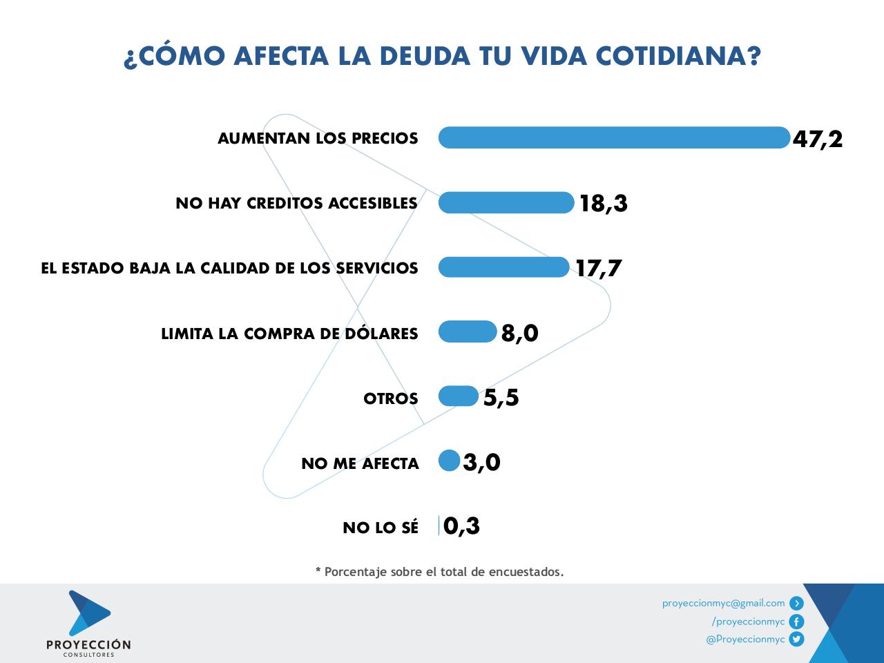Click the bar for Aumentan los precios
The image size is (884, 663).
(613, 137)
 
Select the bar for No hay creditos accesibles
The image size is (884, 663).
(506, 202)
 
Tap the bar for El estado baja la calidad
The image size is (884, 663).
(503, 267)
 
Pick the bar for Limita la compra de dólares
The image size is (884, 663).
(468, 331)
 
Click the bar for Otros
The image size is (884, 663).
(458, 396)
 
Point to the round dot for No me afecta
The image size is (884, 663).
(449, 461)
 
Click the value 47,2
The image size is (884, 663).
(818, 139)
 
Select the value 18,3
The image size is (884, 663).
(604, 204)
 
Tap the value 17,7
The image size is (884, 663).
(599, 268)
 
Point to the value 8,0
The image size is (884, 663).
(519, 333)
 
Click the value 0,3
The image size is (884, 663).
(461, 526)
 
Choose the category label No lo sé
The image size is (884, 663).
(381, 528)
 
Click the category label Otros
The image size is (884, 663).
(391, 399)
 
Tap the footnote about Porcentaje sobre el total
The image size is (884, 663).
(440, 572)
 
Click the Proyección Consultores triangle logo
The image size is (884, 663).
(88, 613)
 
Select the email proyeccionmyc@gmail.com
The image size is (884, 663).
(723, 603)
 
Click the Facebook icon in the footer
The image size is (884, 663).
(796, 622)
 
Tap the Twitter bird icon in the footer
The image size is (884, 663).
(796, 640)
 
